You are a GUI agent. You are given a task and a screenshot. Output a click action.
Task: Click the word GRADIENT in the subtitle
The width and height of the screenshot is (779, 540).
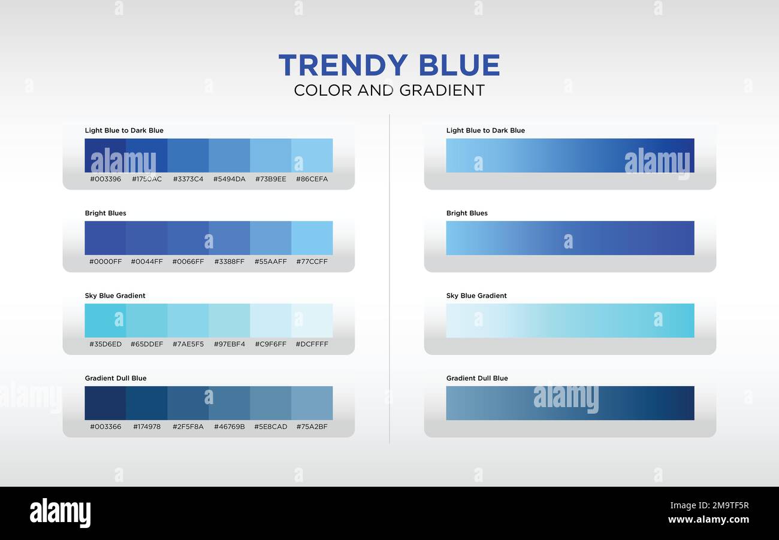coord(442,90)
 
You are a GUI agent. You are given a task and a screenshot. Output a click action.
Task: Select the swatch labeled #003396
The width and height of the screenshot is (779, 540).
coord(105,156)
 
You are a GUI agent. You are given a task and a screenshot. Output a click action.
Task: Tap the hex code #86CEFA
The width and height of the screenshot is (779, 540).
coord(312,179)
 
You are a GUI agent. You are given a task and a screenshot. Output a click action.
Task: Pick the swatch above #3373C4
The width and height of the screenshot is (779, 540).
coord(188,156)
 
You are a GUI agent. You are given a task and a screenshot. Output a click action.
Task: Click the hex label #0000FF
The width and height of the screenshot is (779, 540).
coord(105,262)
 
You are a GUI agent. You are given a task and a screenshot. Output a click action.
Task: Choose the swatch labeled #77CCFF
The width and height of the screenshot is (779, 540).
coord(312,238)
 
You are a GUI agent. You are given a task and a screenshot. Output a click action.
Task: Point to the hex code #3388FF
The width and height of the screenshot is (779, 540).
coord(230,262)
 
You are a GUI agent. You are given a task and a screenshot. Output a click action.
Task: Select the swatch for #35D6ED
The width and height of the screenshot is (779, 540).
coord(105,321)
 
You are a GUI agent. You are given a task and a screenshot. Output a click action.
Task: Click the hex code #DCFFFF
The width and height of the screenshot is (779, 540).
coord(312,344)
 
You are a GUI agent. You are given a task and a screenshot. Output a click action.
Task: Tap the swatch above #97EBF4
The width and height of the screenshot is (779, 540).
coord(230,321)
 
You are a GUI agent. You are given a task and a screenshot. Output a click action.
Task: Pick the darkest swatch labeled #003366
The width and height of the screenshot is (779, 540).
coord(105,403)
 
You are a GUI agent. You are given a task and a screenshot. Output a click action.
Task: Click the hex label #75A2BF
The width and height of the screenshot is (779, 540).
coord(312,427)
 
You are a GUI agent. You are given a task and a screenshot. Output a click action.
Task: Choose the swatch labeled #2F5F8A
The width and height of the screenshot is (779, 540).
coord(188,403)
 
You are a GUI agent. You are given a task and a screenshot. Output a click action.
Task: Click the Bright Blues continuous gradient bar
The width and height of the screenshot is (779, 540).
coord(570,238)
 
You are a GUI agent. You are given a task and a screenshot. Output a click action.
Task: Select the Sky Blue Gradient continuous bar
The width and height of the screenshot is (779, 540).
coord(570,321)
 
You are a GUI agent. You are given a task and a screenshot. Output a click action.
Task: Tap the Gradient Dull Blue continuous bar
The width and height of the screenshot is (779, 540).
coord(570,403)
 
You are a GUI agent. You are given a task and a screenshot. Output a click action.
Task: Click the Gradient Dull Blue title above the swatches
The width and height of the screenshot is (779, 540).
coord(116,378)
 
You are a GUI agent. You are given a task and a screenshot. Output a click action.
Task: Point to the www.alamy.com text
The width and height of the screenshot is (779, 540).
coord(708,520)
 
